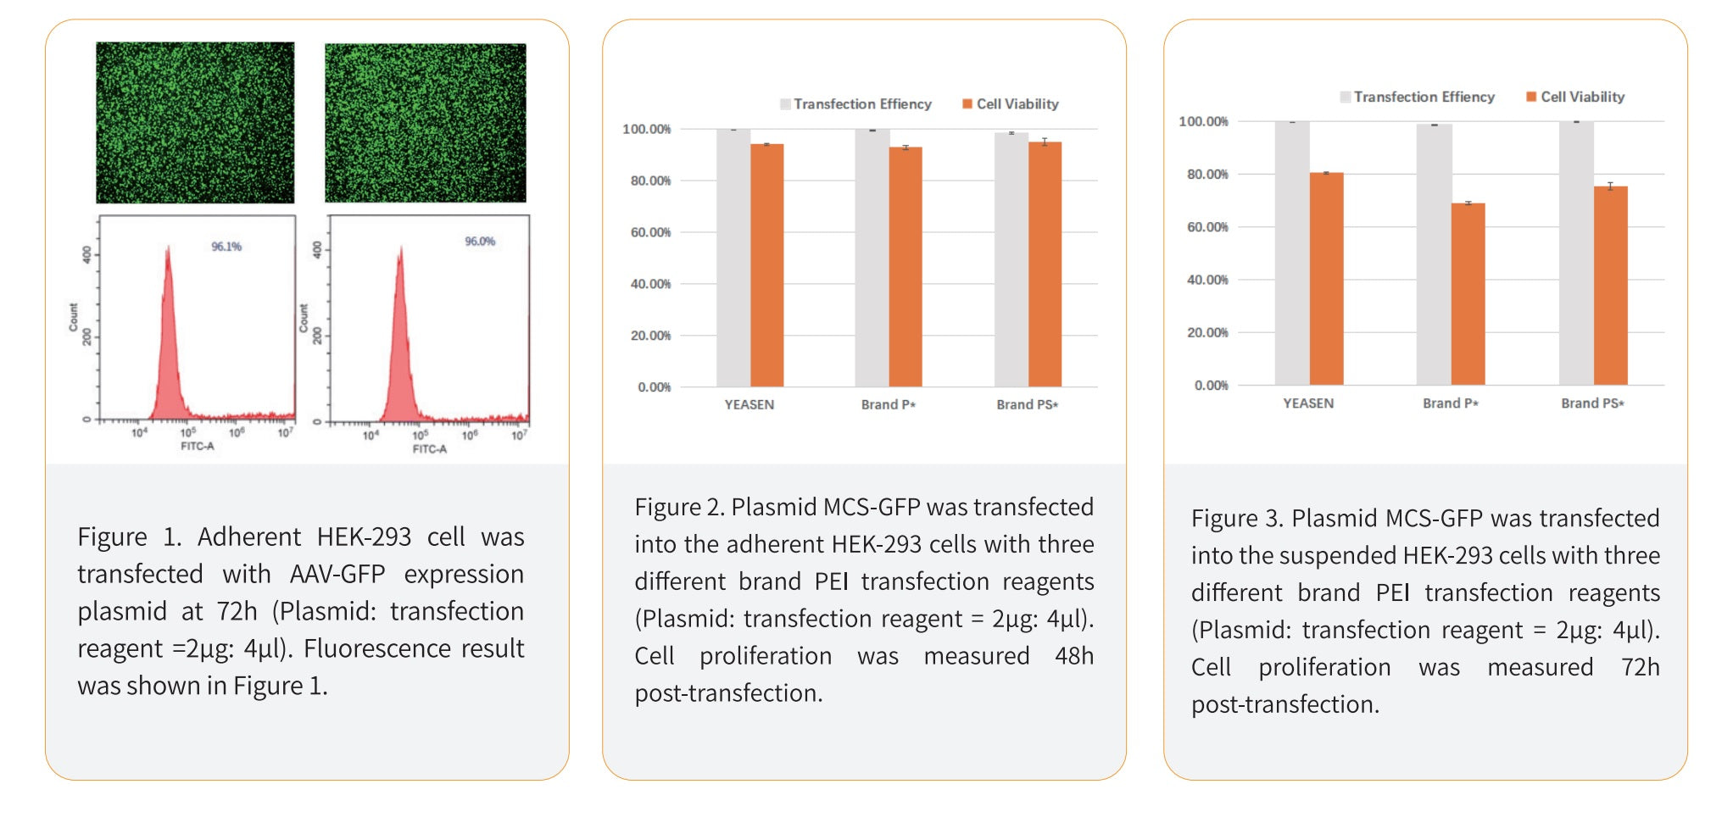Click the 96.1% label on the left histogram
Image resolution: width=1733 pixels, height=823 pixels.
click(x=226, y=247)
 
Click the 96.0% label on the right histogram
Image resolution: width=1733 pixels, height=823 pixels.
click(x=480, y=242)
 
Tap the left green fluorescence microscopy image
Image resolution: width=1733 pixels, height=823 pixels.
click(x=195, y=122)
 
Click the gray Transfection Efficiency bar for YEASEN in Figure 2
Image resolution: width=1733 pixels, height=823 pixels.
click(x=733, y=258)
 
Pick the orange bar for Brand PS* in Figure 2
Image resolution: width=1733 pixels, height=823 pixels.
click(x=1045, y=264)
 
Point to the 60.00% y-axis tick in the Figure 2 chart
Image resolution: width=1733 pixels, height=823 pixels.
click(x=650, y=232)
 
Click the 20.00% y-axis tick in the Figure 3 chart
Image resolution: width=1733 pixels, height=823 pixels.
click(x=1207, y=332)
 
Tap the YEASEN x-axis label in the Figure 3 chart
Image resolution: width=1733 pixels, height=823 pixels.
click(x=1308, y=403)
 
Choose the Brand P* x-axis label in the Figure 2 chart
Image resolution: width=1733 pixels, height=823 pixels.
click(x=888, y=404)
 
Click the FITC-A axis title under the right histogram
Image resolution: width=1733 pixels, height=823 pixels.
click(x=429, y=449)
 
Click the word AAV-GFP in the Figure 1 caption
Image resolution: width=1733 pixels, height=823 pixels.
click(x=337, y=574)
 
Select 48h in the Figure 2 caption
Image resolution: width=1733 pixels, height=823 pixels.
click(x=1073, y=655)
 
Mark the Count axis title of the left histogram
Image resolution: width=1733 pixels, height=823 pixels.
click(x=73, y=317)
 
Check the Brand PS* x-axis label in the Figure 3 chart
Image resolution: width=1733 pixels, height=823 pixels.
click(x=1592, y=403)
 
